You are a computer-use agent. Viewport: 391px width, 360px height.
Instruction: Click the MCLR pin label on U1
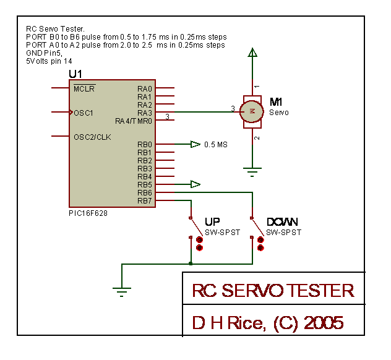[84, 88]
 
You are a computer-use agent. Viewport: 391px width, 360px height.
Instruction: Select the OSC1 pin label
[84, 113]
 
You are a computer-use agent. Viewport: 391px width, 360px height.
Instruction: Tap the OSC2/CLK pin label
[93, 137]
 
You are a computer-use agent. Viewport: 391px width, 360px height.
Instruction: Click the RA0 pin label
[145, 88]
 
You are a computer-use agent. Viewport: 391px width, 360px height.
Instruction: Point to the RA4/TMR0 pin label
[134, 121]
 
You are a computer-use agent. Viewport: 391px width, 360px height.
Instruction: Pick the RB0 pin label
[145, 145]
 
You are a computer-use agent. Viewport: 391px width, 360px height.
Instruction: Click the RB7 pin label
[145, 200]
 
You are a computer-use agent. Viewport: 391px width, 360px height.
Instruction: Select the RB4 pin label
[145, 176]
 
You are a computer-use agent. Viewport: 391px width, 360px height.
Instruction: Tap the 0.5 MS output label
[216, 145]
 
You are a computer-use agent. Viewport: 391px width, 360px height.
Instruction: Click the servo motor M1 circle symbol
[252, 111]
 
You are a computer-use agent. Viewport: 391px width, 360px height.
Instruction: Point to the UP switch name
[212, 221]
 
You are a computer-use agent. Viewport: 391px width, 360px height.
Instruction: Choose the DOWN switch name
[282, 221]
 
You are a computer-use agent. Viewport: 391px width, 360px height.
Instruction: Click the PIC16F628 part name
[88, 213]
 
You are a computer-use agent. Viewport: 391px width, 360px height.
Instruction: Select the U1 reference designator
[75, 74]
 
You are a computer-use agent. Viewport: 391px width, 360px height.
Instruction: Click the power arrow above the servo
[252, 53]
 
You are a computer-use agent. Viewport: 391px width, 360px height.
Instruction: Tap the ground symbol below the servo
[252, 172]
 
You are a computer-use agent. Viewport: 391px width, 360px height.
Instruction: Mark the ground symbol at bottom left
[122, 292]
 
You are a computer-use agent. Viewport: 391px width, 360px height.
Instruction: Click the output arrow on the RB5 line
[195, 184]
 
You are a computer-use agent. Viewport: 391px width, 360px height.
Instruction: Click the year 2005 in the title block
[324, 323]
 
